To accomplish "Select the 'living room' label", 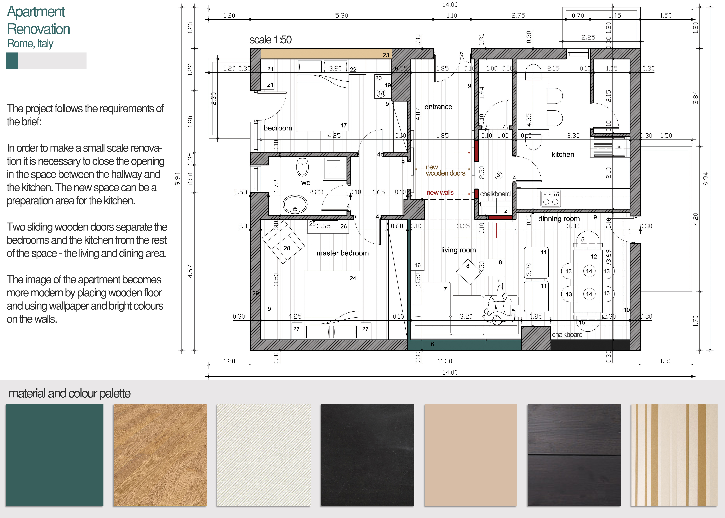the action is coord(458,250).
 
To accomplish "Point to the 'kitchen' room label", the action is coord(563,154).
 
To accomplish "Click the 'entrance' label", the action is coord(438,107).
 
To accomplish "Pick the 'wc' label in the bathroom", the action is coord(305,183).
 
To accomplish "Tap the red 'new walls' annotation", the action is coord(440,193).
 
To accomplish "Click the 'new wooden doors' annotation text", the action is coord(445,170).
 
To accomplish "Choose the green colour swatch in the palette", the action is coord(55,455).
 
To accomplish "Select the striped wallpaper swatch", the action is coord(674,455).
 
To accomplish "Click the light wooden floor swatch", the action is coord(160,455).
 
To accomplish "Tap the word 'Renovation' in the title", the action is coord(39,29).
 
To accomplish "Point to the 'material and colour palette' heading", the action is coord(70,393).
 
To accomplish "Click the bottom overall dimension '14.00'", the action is coord(450,372).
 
